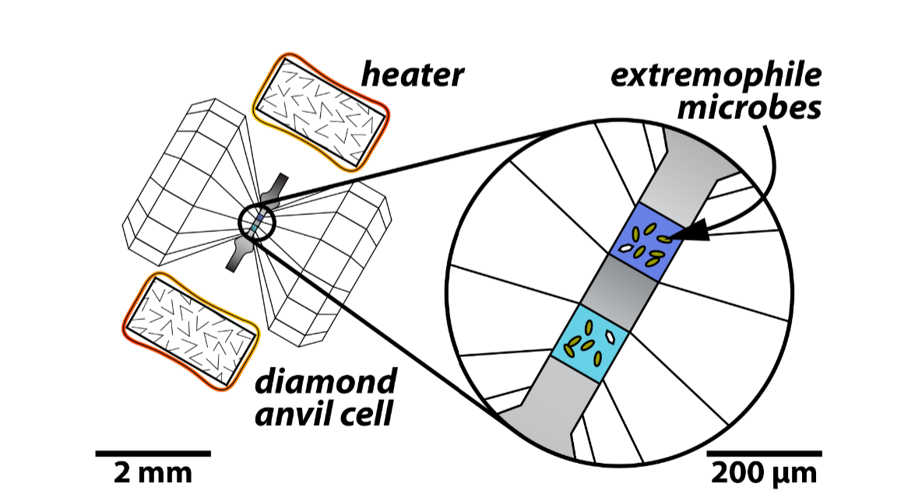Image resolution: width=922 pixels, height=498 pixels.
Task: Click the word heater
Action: pos(413,75)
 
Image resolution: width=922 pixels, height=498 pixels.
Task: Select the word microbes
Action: pos(749,107)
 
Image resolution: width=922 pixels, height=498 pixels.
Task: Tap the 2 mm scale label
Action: pos(152,472)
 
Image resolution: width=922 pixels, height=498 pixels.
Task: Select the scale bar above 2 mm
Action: pos(153,452)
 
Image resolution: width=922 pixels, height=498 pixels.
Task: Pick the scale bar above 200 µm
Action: pos(764,452)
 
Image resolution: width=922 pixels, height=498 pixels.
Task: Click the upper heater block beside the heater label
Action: pos(321,113)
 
